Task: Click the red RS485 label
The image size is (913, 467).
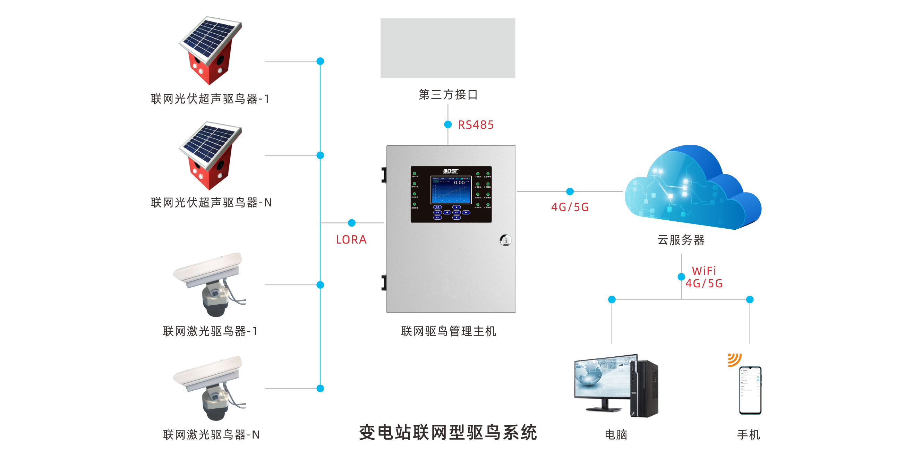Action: [x=475, y=125]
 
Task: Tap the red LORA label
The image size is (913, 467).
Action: [x=351, y=240]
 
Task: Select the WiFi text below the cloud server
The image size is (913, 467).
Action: [x=703, y=271]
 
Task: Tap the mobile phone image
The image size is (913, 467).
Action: [x=750, y=390]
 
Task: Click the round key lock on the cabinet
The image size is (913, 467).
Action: [x=505, y=240]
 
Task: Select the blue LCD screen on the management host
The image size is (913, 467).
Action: [x=451, y=190]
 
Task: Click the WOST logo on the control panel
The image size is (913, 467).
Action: [x=451, y=171]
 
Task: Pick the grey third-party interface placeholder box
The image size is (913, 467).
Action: [x=447, y=48]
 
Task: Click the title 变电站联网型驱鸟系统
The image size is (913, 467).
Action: [x=447, y=433]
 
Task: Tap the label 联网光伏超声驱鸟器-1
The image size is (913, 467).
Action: [x=210, y=99]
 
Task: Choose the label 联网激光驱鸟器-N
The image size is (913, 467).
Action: [x=211, y=434]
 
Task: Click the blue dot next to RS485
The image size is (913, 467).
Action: [x=448, y=125]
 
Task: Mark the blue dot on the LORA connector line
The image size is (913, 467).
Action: [x=352, y=223]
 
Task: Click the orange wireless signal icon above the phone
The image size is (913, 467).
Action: [x=734, y=359]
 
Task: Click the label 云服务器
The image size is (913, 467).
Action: [x=681, y=240]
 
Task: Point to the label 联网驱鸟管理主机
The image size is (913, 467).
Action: [x=448, y=331]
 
